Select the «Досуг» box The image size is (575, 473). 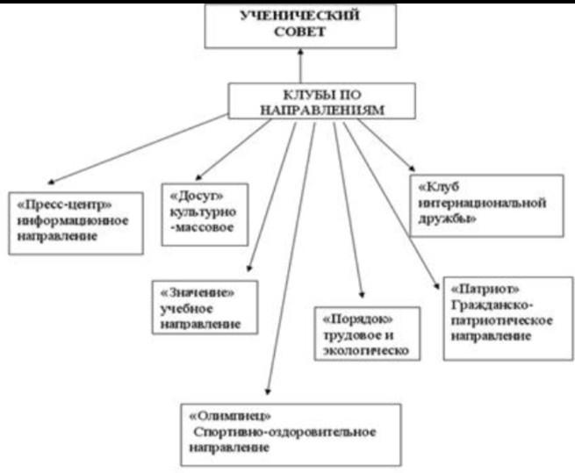point(205,213)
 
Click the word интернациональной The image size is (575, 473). point(481,204)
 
